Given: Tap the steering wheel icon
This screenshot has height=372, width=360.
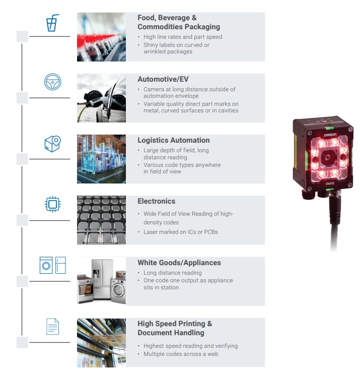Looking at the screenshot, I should coord(52,82).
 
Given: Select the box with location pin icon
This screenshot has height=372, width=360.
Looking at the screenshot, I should coord(52,143).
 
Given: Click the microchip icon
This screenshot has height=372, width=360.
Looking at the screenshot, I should coord(52,204).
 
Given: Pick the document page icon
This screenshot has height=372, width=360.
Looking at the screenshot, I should coord(52,326).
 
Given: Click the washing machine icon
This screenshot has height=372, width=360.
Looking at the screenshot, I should coord(46,265).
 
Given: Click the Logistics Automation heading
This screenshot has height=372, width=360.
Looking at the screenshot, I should coord(173,140).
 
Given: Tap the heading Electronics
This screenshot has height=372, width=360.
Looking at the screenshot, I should coord(156,201).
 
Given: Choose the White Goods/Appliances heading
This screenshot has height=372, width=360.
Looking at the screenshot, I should coord(179,263).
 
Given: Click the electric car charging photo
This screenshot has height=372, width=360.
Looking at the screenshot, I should coord(101,98).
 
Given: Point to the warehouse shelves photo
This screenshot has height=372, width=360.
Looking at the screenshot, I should coord(101,159).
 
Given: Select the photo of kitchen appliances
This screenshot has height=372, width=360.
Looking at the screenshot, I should coord(101,281).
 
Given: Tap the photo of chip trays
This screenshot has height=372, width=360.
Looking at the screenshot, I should coord(101,220).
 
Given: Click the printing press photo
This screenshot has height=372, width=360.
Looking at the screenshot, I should coord(101,342).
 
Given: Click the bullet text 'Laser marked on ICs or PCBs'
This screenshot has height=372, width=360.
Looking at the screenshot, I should coord(180,232).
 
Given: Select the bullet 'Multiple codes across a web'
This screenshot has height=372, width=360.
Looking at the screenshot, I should coord(181,354).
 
